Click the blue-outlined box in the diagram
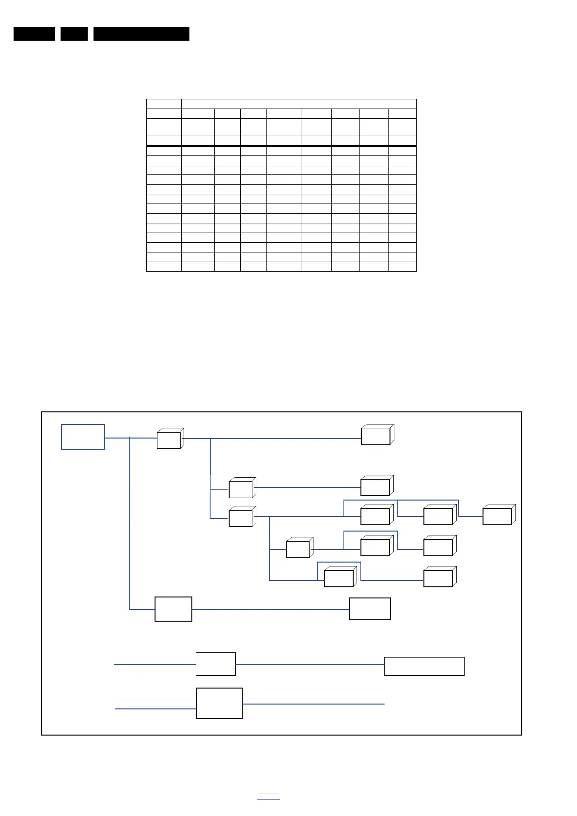[x=83, y=437]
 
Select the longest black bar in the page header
[x=141, y=34]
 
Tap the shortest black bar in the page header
[x=74, y=34]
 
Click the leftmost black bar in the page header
[x=34, y=34]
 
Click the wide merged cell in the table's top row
[x=298, y=104]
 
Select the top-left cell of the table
[x=164, y=104]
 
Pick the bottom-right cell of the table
[x=402, y=267]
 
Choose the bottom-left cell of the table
[x=164, y=267]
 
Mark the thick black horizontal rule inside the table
[x=281, y=145]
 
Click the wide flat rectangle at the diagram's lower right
[x=424, y=666]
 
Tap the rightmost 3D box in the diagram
[x=498, y=516]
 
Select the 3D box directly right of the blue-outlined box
[x=169, y=439]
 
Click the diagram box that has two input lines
[x=219, y=703]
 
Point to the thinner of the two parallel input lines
[x=155, y=698]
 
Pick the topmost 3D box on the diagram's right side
[x=376, y=435]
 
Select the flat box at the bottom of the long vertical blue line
[x=173, y=609]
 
